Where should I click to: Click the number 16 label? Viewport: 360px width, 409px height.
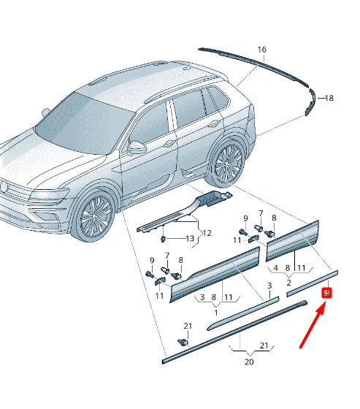coord(261,50)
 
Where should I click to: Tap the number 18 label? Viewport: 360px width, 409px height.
coord(329,97)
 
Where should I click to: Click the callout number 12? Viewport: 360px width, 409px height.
coord(207,233)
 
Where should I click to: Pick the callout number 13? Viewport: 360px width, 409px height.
coord(189,239)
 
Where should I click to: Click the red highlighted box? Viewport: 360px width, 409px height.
coord(328,293)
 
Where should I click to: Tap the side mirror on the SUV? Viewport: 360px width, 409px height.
coord(137,147)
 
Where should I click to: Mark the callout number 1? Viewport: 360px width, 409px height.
coord(215,312)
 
